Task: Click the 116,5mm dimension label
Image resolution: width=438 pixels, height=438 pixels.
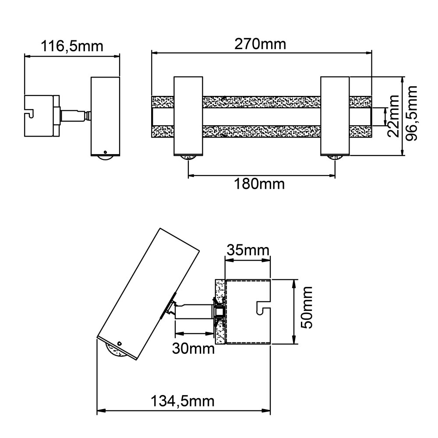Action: click(72, 46)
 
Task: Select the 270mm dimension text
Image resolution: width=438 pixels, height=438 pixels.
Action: click(260, 44)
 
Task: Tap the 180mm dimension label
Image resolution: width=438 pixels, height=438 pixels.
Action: click(259, 184)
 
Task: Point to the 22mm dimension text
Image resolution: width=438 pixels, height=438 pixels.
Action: click(393, 116)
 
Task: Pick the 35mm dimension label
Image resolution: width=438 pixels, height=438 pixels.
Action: click(248, 250)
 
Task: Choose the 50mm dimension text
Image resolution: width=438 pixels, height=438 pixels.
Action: click(307, 307)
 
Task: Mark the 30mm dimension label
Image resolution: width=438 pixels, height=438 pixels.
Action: click(193, 348)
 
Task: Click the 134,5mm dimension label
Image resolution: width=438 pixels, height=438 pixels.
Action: click(183, 401)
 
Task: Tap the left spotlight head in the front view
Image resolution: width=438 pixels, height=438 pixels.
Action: click(188, 116)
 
